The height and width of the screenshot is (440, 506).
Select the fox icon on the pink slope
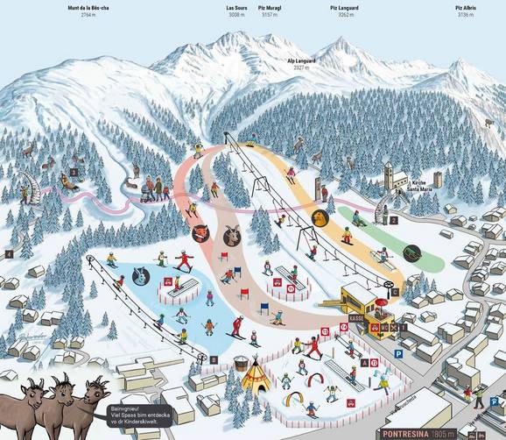click(x=200, y=233)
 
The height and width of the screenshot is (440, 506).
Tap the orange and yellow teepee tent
click(x=255, y=378)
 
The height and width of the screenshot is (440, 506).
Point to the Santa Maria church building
click(x=387, y=179)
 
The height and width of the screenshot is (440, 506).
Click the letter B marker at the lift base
click(x=214, y=360)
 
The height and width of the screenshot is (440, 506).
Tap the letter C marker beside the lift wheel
click(x=396, y=293)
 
